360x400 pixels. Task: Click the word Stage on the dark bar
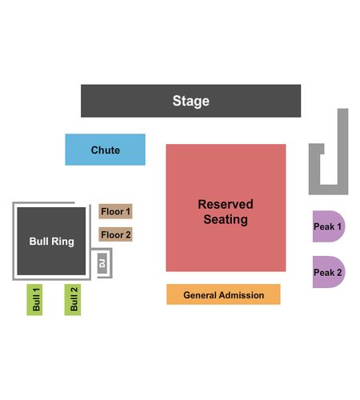tap(190, 101)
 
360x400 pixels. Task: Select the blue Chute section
tap(106, 150)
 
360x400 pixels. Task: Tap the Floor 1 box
tap(115, 211)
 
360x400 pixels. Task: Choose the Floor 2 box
tap(115, 234)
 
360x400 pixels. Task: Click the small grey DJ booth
tap(102, 263)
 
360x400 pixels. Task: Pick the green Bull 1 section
tap(34, 299)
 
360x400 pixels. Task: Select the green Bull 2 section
tap(73, 299)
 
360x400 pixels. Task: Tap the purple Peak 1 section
tap(329, 226)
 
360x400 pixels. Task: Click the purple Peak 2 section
tap(329, 272)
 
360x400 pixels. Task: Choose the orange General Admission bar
tap(223, 294)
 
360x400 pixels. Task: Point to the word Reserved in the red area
tap(226, 205)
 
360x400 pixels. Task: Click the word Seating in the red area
tap(226, 220)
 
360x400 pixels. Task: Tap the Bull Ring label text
tap(52, 242)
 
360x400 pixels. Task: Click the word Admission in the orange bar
tap(242, 295)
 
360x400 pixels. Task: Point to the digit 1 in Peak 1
tap(339, 226)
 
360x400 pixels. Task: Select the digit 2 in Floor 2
tap(128, 235)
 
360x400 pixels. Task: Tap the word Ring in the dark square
tap(63, 242)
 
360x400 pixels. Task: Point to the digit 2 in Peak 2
tap(339, 273)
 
